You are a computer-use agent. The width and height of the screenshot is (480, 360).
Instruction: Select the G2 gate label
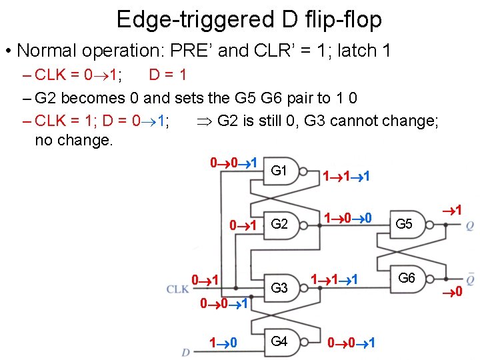279,223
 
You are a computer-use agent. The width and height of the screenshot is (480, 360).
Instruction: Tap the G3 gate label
279,289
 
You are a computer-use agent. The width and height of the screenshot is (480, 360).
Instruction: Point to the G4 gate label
279,341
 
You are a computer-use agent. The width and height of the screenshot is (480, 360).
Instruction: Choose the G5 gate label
404,224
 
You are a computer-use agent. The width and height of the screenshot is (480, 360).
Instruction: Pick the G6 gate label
407,277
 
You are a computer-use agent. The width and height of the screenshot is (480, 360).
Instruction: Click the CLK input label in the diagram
177,289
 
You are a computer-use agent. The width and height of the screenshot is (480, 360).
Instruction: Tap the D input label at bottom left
185,352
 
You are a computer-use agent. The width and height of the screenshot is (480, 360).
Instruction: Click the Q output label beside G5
470,226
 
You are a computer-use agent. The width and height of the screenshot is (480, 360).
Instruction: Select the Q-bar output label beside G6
470,277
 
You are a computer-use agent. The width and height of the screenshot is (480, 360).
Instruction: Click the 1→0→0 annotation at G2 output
347,218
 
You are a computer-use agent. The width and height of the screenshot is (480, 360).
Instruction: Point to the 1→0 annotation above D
224,343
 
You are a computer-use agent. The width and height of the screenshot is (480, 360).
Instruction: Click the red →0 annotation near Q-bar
455,291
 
